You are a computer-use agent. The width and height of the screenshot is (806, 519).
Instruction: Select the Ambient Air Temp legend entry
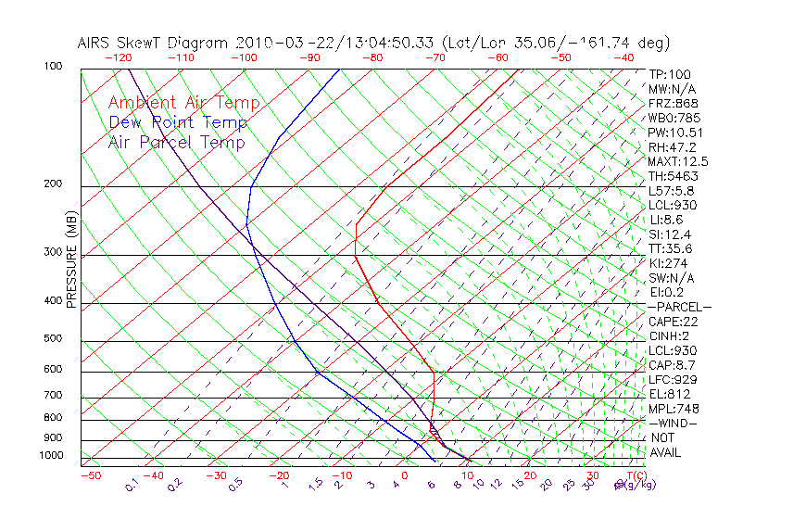[x=183, y=103]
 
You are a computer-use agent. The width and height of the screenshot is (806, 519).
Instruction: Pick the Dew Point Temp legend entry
[x=178, y=122]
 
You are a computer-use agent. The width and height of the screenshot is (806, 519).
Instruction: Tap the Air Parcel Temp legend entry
[x=176, y=142]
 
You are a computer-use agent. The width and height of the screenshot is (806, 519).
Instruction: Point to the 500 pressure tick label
[x=53, y=339]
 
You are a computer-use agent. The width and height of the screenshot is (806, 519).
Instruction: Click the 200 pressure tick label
[x=53, y=184]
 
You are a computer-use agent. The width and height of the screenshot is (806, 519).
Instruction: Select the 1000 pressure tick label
[x=50, y=456]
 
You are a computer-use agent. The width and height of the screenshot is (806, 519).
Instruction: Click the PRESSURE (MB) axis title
[x=70, y=260]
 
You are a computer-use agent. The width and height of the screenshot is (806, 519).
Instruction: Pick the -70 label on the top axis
[x=434, y=57]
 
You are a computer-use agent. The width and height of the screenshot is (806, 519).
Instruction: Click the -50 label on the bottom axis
[x=90, y=475]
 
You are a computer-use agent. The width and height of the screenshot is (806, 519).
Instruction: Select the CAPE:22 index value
[x=672, y=322]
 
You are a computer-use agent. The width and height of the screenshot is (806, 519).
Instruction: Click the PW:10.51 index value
[x=675, y=133]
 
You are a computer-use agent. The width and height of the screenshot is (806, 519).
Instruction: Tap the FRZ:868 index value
[x=674, y=104]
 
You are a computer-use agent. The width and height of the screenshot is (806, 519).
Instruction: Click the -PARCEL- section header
[x=679, y=307]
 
